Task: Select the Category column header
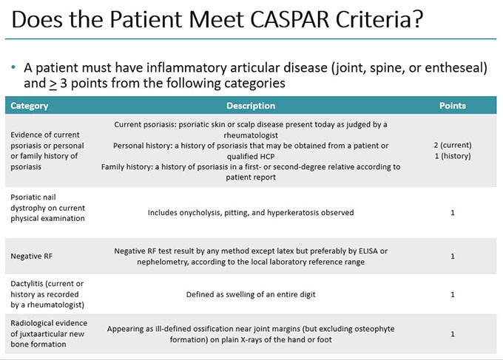tap(30, 106)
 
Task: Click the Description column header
tap(250, 106)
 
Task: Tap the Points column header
tap(453, 106)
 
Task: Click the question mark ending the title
tap(417, 20)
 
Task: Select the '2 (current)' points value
tap(453, 145)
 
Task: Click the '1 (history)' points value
tap(453, 156)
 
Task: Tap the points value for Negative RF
tap(453, 257)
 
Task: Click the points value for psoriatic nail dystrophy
tap(453, 213)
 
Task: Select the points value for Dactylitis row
tap(453, 294)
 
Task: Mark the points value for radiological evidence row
tap(453, 334)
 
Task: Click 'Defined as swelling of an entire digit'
tap(251, 294)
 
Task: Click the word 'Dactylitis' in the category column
tap(29, 284)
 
